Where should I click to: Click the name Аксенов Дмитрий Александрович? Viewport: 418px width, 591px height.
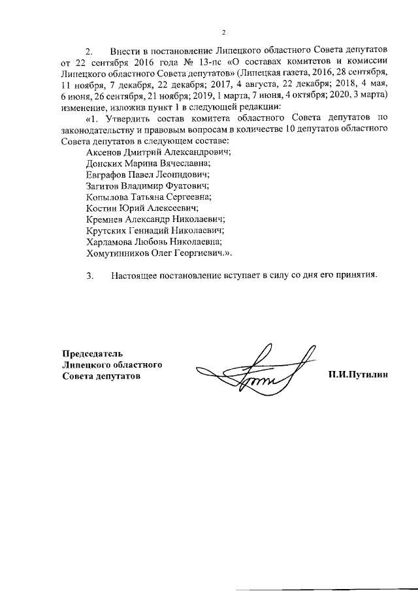(159, 152)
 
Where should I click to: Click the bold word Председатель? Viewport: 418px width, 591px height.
(92, 353)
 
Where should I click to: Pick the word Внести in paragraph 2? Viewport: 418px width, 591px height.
(124, 51)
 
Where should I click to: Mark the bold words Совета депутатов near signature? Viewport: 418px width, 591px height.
(101, 376)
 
